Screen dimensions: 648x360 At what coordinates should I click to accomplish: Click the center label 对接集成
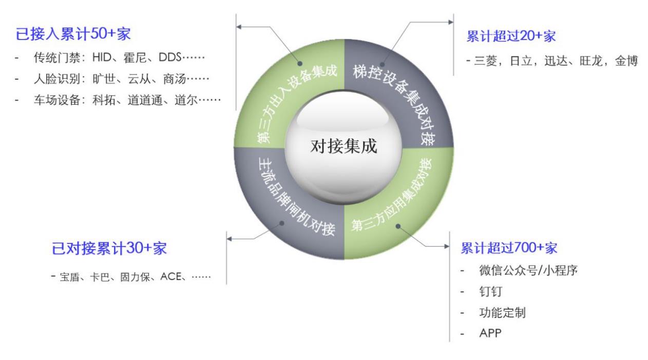click(344, 146)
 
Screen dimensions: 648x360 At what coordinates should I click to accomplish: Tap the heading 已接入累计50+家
click(73, 34)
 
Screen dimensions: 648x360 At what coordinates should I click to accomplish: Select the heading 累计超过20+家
click(511, 36)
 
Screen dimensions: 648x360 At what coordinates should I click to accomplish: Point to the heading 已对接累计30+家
click(109, 248)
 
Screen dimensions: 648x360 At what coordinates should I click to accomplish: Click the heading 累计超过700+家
click(509, 248)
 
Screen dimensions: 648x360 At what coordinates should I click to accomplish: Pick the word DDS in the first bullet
click(170, 58)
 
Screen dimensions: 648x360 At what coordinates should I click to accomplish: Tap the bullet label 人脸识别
click(56, 79)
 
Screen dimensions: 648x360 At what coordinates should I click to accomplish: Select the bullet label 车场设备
click(56, 100)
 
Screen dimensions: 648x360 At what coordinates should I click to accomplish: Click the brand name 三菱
click(485, 61)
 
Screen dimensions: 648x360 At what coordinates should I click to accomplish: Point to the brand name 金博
click(626, 61)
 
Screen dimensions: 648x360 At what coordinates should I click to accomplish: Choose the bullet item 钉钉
click(491, 291)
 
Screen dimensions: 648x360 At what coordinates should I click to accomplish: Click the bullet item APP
click(490, 333)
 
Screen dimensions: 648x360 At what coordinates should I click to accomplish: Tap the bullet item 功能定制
click(502, 313)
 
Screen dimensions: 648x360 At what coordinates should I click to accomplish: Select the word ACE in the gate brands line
click(170, 277)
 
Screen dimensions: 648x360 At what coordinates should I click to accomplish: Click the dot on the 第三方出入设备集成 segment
click(300, 63)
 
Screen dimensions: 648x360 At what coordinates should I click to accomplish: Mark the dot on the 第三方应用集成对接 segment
click(398, 226)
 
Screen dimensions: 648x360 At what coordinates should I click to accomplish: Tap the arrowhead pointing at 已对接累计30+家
click(229, 239)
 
